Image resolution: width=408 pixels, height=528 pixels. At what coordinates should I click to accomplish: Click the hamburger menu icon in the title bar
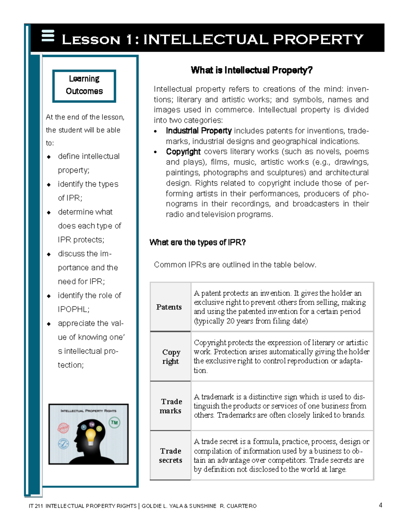tap(48, 36)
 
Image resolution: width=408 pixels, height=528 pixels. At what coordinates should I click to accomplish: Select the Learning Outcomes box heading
tap(84, 85)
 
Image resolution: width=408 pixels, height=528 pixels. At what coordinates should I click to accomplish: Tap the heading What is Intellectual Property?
tap(252, 70)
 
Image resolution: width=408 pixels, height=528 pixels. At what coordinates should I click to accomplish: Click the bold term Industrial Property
tap(199, 131)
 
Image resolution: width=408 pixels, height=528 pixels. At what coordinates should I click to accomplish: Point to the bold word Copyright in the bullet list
tap(183, 152)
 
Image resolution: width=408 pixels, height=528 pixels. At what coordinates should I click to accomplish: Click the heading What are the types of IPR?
tap(198, 242)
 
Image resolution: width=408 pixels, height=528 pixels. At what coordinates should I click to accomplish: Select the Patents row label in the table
tap(169, 307)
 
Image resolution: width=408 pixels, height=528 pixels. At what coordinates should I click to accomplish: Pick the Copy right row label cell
tap(171, 357)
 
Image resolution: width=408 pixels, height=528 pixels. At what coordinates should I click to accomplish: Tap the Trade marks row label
tap(171, 406)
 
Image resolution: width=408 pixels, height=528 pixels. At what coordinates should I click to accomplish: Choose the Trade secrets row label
tap(171, 456)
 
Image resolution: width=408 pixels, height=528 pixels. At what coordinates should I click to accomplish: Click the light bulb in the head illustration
tap(90, 436)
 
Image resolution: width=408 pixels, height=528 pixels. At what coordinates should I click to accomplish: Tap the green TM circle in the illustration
tap(114, 423)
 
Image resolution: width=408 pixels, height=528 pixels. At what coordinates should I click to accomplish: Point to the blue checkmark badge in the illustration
tap(64, 444)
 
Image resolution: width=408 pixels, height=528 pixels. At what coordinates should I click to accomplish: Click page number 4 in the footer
tap(380, 505)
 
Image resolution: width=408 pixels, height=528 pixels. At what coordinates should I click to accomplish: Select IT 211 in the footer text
tap(36, 506)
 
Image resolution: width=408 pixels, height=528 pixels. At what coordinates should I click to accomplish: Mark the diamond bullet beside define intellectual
tap(49, 157)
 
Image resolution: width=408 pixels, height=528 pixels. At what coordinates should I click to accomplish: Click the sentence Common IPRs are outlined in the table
tap(235, 265)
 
